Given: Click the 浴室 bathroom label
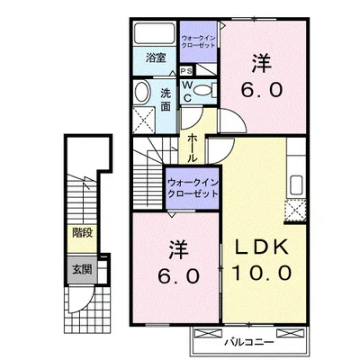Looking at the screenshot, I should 157,58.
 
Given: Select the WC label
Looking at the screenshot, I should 186,90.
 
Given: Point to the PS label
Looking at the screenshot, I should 185,70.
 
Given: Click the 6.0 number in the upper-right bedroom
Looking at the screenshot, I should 261,90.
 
